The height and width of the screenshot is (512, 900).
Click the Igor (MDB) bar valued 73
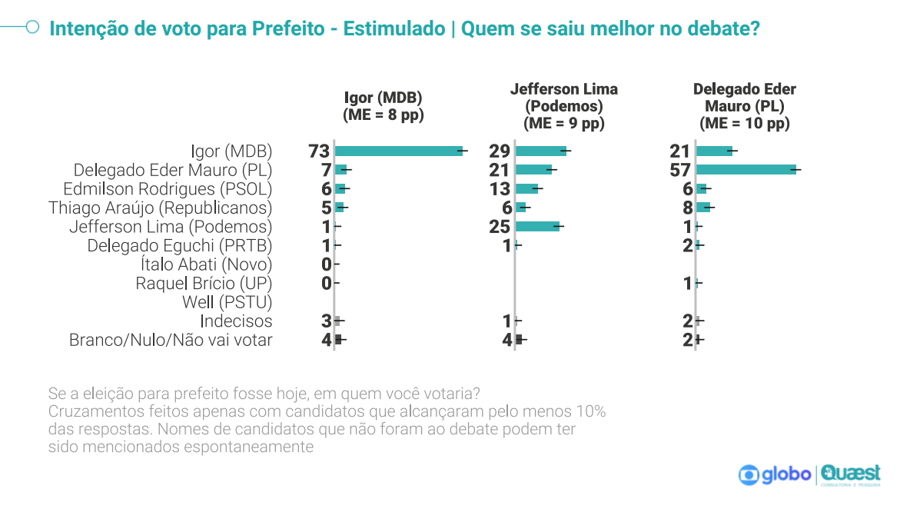[399, 151]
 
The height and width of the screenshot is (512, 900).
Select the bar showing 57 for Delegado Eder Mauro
[746, 170]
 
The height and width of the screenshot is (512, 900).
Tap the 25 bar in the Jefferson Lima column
[537, 227]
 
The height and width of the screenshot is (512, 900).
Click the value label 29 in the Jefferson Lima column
[500, 151]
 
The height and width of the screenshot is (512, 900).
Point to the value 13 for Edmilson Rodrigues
[500, 189]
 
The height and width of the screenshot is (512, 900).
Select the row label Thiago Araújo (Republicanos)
[160, 208]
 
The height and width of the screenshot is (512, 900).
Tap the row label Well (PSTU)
[227, 302]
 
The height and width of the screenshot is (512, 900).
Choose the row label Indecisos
[236, 321]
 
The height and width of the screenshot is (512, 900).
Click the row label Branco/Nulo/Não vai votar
[171, 340]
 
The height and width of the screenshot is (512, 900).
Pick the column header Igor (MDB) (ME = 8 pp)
[383, 106]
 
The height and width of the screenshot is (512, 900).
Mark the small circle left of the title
[33, 28]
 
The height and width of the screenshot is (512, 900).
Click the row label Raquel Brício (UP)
[204, 284]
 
